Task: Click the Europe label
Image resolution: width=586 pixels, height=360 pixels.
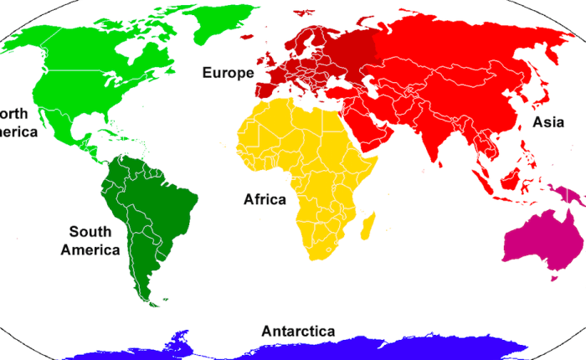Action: pyautogui.click(x=228, y=73)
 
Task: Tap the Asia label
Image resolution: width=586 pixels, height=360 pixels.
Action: pyautogui.click(x=548, y=122)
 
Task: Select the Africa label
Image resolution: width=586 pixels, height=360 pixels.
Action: pyautogui.click(x=265, y=199)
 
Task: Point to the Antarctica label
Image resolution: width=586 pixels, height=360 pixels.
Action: pyautogui.click(x=298, y=331)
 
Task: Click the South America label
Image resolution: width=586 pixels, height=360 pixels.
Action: pyautogui.click(x=95, y=240)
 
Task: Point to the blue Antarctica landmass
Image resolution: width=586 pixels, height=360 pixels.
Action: pyautogui.click(x=335, y=347)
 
